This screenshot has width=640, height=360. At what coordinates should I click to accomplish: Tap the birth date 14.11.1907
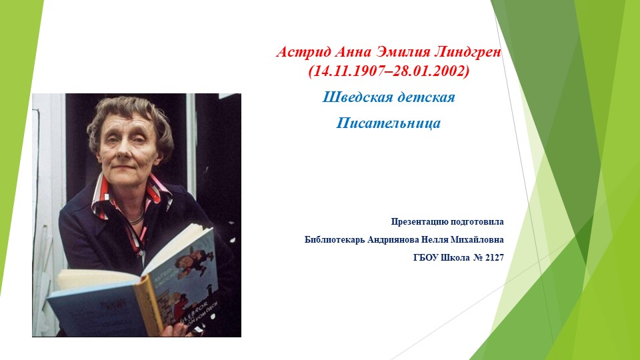click(x=348, y=71)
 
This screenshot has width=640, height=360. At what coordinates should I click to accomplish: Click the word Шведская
click(x=354, y=97)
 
